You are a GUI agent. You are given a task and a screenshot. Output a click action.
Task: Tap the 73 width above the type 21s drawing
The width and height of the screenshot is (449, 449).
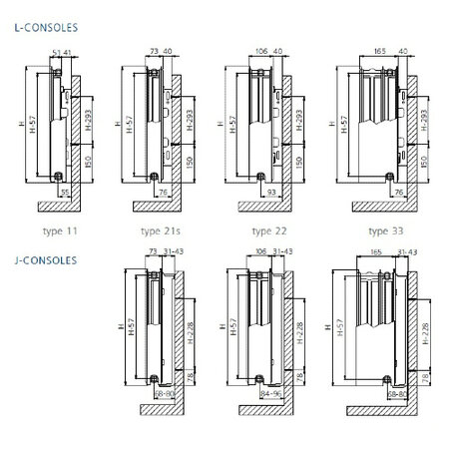[x=156, y=50]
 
